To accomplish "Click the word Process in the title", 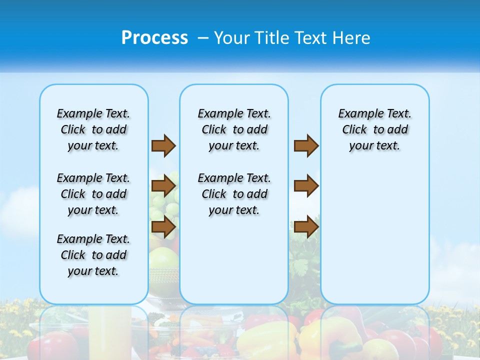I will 154,38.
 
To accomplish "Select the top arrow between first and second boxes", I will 163,146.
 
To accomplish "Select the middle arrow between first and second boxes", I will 163,186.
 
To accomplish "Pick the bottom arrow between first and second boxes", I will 163,227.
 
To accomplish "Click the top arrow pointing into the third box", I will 306,146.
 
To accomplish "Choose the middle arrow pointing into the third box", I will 306,186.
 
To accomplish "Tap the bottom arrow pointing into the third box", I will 306,227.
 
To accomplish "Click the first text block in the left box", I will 93,129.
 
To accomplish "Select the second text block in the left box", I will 93,194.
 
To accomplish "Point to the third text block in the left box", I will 93,255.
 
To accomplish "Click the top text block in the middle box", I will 234,129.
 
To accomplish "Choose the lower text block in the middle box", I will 234,194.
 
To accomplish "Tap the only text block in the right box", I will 375,129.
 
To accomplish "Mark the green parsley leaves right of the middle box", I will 302,265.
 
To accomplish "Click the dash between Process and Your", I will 203,38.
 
